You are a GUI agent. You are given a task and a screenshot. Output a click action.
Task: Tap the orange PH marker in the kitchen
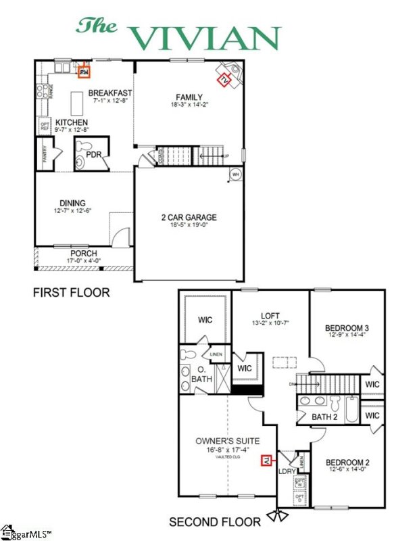84,70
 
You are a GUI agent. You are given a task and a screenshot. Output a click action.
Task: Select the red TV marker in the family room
224,79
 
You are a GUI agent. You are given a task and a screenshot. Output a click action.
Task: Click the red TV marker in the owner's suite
266,461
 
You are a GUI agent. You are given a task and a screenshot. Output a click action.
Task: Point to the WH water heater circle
236,174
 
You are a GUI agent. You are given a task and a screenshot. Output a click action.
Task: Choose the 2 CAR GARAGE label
189,217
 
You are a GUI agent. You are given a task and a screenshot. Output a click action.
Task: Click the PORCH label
84,254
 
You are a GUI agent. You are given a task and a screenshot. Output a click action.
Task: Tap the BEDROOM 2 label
347,463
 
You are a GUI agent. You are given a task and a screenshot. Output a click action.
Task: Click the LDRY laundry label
287,471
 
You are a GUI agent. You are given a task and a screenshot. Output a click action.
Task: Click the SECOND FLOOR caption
214,521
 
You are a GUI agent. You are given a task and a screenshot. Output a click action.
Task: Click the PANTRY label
45,155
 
